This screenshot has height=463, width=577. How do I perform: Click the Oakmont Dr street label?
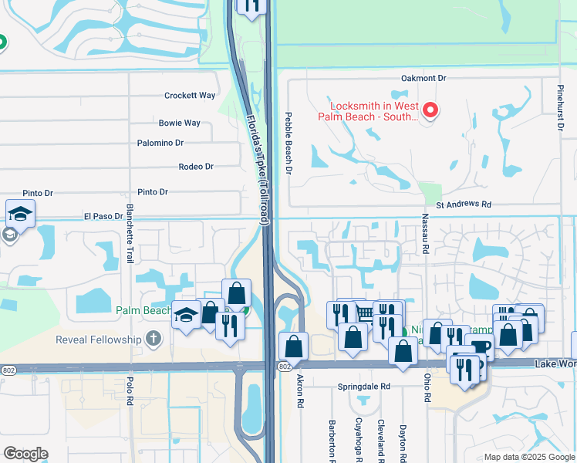coord(423,79)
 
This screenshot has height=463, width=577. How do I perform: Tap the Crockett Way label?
coord(190,96)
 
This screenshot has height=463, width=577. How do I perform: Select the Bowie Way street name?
coord(180,123)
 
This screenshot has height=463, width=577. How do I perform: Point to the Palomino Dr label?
coord(160,143)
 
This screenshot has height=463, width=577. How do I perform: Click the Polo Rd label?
coord(130,393)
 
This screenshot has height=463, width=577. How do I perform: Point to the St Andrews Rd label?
coord(464,205)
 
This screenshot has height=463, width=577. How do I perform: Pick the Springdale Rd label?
coord(364,386)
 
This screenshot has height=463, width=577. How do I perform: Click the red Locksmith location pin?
coord(429,110)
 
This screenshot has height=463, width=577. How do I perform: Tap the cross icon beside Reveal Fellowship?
coord(154,339)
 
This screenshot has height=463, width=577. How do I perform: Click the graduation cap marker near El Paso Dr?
coord(20,214)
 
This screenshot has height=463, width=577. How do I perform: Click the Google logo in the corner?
coord(25,454)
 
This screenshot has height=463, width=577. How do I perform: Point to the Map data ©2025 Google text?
coord(528,457)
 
